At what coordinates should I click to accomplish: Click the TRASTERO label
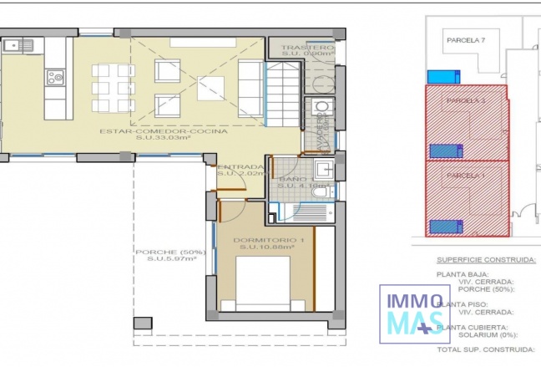pos(306,48)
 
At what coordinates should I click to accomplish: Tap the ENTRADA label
pos(240,167)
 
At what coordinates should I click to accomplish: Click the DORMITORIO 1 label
pos(268,242)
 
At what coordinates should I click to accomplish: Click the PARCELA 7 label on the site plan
pos(466,39)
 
